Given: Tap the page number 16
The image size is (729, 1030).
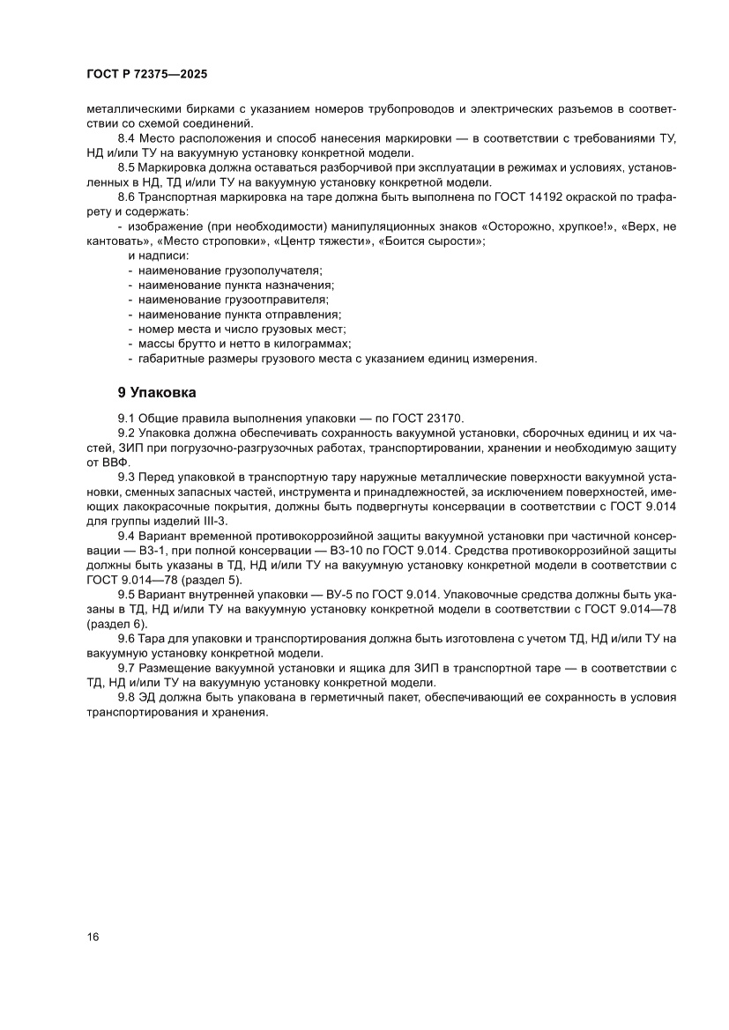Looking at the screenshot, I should [93, 936].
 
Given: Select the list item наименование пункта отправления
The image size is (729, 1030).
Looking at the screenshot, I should [239, 314].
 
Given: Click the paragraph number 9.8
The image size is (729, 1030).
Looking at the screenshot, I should [128, 697].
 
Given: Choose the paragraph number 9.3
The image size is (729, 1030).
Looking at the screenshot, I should [128, 476].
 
